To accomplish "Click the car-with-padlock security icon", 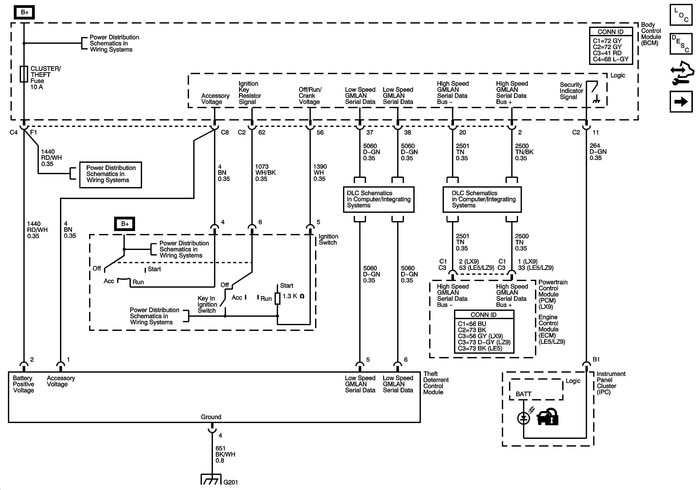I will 547,417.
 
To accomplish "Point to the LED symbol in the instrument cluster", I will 524,418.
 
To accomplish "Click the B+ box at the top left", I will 24,13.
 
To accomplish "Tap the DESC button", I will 681,44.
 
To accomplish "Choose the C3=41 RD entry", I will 607,53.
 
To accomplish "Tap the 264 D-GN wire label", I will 598,152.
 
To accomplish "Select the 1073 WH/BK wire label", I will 265,172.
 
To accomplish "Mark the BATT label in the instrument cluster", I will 524,394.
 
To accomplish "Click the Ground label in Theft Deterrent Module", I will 211,417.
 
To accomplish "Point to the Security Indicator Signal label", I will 571,91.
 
